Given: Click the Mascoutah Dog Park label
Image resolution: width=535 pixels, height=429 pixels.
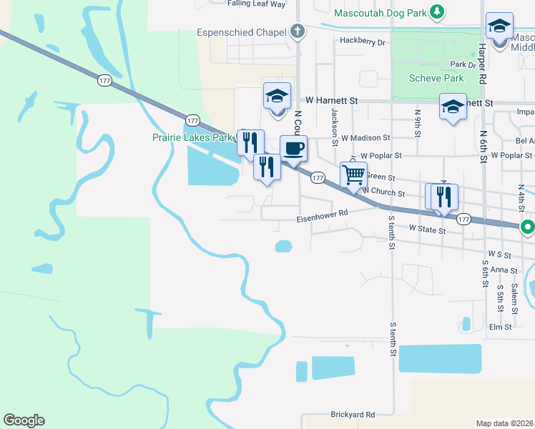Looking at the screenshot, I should click(380, 12).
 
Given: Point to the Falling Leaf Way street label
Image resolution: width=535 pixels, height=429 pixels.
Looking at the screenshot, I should click(256, 4).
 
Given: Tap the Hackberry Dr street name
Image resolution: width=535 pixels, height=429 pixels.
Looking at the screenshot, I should click(363, 42).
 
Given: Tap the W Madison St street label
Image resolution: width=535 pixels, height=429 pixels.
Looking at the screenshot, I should click(365, 137).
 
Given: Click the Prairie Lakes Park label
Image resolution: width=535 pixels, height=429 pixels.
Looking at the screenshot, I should click(192, 136).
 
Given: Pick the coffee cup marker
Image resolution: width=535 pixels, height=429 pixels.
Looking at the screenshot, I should click(293, 149).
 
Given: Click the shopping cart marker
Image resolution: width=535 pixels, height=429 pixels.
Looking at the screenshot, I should click(353, 174).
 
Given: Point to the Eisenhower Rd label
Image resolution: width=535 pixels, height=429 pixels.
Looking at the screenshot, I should click(323, 212).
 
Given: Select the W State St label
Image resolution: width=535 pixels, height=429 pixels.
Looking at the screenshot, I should click(427, 230).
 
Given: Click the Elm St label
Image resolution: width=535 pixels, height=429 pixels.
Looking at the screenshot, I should click(501, 327).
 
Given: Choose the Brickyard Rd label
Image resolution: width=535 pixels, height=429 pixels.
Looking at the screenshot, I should click(353, 415).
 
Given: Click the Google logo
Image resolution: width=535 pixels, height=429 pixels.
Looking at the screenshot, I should click(24, 420).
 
